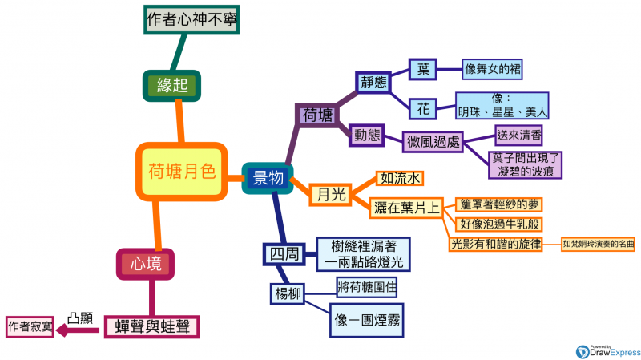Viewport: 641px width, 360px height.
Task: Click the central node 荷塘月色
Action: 182,170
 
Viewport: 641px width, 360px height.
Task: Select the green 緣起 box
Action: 171,84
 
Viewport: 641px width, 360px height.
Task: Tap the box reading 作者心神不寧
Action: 192,17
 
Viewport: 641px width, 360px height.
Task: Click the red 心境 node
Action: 146,261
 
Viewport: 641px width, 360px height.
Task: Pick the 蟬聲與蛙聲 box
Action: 152,326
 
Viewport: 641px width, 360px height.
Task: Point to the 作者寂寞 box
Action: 30,326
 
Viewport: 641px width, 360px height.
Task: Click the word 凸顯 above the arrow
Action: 79,318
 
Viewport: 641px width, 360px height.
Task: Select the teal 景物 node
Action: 268,178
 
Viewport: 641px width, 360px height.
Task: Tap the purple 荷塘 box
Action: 317,115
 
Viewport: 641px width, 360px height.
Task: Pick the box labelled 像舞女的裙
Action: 493,69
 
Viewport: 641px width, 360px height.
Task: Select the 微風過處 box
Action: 433,142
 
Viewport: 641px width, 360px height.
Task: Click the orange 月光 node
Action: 330,193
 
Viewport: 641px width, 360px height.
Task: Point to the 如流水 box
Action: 400,178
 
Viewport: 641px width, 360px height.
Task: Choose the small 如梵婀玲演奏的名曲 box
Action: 598,243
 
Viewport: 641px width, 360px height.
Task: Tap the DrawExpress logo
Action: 607,349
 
